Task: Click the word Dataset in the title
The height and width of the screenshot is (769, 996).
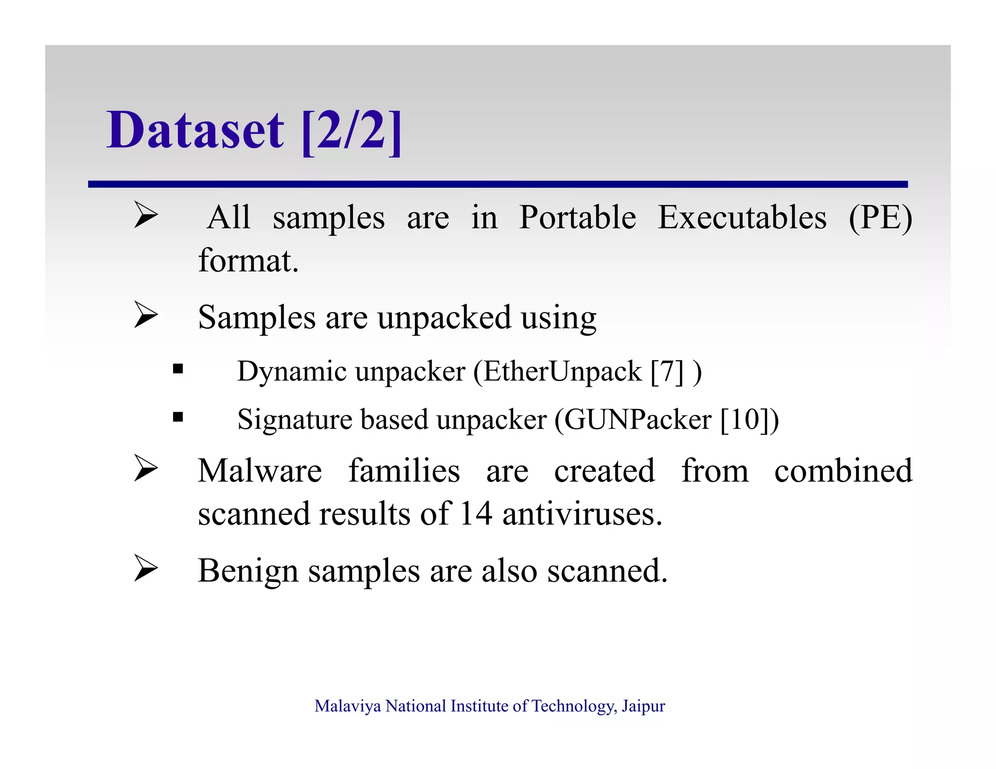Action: coord(195,130)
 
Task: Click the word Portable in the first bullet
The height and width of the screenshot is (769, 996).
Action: coord(577,217)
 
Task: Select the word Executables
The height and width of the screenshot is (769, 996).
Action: coord(742,217)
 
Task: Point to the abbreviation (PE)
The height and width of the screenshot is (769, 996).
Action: coord(880,218)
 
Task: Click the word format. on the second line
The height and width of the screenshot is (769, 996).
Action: coord(248,261)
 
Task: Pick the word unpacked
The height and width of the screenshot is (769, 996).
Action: coord(444,318)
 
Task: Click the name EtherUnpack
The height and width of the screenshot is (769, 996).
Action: coord(562,372)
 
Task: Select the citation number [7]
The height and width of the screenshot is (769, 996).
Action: coord(667,372)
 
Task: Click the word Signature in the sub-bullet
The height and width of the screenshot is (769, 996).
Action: coord(294,419)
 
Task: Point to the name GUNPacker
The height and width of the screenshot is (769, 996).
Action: coord(638,419)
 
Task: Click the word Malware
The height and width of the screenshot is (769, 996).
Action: coord(260,471)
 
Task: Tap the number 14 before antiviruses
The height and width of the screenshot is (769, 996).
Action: coord(476,514)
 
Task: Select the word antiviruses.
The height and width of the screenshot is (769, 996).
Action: coord(582,514)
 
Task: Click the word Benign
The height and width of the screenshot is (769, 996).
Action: coord(248,571)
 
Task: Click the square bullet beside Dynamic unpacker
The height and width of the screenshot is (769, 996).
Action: coord(178,368)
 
